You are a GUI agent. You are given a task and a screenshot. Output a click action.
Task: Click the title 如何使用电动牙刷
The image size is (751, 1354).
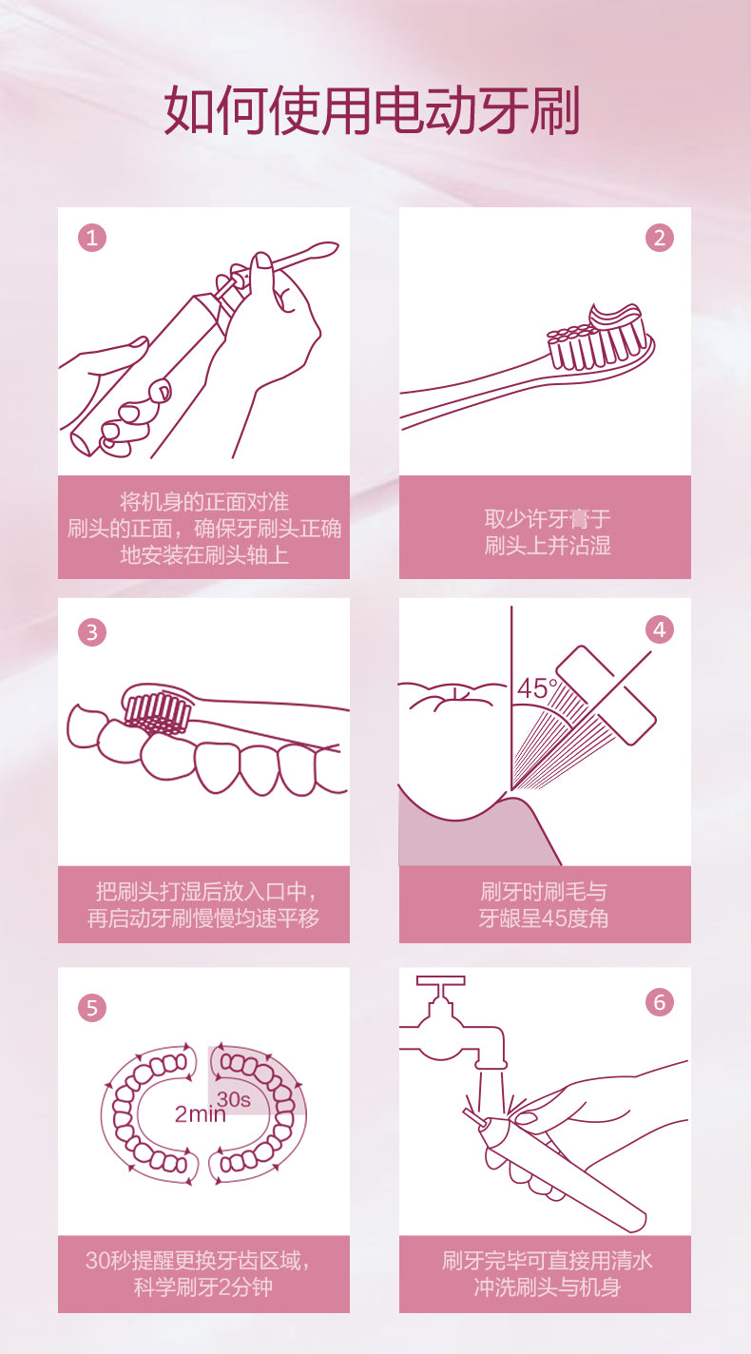point(373,109)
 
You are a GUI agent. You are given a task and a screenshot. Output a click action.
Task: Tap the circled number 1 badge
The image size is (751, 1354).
point(92,238)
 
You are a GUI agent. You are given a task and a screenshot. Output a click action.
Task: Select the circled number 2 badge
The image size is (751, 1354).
point(659,238)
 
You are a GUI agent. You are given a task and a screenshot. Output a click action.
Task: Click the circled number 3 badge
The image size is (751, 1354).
point(92,632)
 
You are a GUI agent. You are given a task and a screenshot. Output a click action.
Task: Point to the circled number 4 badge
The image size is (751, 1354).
point(659,629)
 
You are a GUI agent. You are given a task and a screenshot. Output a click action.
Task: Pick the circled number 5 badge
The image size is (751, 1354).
point(92,1008)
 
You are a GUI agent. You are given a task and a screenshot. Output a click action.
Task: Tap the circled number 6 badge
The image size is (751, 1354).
point(659,1002)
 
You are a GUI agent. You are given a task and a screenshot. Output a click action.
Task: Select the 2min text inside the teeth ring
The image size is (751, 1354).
point(200,1113)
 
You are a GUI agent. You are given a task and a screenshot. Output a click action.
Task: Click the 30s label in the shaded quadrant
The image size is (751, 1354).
point(234,1098)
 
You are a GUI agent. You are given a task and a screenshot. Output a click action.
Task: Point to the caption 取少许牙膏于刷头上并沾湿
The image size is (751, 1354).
point(547,532)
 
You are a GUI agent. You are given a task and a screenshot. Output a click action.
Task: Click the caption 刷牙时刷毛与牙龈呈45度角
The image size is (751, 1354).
point(544,905)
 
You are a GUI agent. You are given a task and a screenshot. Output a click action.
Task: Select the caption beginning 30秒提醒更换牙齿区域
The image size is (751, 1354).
point(201,1273)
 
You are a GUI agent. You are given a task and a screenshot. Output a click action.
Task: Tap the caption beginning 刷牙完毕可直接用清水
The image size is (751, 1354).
point(547,1273)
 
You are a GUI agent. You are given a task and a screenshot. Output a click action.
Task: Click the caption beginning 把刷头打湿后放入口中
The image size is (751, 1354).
point(203,905)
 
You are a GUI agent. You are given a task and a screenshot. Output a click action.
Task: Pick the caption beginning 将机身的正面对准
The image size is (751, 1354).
point(203,529)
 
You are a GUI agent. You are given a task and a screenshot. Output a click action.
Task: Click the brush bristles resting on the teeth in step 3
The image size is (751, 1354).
point(157,713)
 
